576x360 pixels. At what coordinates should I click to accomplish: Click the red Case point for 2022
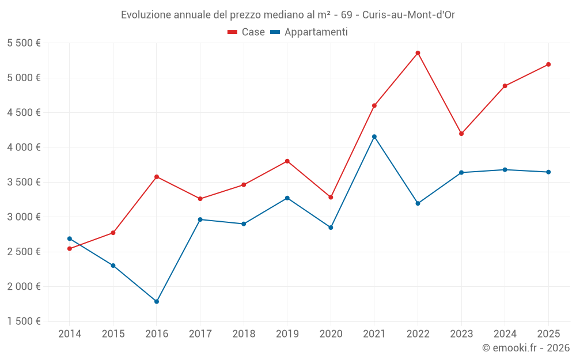click(x=418, y=53)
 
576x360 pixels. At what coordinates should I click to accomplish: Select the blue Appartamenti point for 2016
click(x=157, y=301)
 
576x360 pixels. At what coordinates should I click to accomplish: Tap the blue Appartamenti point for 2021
click(x=374, y=137)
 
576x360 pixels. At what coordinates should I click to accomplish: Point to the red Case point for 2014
click(x=70, y=249)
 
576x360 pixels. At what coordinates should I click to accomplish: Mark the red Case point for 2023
click(x=461, y=134)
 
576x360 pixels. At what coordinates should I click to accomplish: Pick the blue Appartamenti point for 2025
click(x=548, y=172)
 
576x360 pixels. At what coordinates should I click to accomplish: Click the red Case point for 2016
click(x=157, y=177)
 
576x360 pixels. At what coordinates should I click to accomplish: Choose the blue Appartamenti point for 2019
click(x=287, y=198)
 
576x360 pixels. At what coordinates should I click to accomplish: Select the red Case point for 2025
click(x=548, y=65)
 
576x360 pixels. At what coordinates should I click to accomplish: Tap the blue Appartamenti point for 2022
click(x=418, y=203)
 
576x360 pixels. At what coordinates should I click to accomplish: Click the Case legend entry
click(x=247, y=32)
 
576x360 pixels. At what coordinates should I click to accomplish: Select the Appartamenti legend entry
click(x=309, y=32)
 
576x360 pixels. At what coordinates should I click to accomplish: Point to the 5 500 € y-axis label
click(x=24, y=43)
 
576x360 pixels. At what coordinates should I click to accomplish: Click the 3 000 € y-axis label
click(x=24, y=217)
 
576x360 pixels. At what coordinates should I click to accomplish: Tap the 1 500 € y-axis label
click(x=24, y=321)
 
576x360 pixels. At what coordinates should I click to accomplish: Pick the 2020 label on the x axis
click(x=331, y=334)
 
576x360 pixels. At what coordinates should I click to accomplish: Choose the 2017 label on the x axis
click(x=200, y=334)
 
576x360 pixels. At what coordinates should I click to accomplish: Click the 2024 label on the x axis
click(x=505, y=334)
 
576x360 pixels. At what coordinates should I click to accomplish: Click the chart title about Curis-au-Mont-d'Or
click(x=288, y=15)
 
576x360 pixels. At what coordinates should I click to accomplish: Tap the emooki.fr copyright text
click(x=526, y=348)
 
